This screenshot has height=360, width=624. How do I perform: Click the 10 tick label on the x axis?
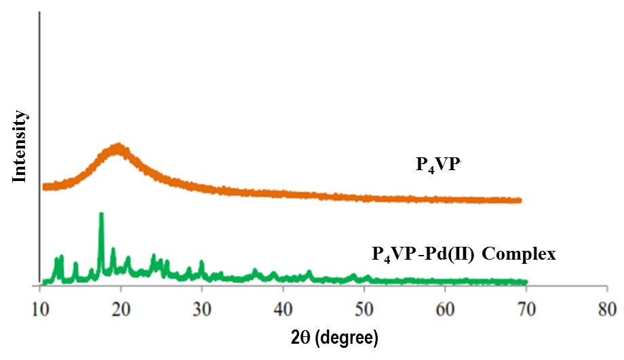(x=41, y=306)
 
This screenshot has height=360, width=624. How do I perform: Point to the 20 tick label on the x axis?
(x=121, y=306)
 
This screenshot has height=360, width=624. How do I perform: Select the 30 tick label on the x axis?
(x=202, y=306)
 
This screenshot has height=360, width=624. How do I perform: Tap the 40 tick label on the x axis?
(x=284, y=306)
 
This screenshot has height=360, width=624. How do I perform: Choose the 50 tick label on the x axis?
(x=364, y=306)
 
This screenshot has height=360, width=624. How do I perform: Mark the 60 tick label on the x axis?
(x=445, y=306)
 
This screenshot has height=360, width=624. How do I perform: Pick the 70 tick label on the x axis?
(x=526, y=306)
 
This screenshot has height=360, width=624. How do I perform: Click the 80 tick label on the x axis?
(x=607, y=306)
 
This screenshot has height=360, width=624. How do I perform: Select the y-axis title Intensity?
(x=21, y=146)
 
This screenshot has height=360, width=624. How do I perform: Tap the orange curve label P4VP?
(x=437, y=165)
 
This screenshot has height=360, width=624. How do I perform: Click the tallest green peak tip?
(x=101, y=214)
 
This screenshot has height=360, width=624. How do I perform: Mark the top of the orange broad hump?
(x=119, y=146)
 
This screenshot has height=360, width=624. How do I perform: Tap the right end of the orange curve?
(x=520, y=201)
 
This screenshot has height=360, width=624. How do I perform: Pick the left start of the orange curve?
(x=44, y=186)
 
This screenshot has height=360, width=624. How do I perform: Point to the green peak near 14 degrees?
(x=75, y=264)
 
